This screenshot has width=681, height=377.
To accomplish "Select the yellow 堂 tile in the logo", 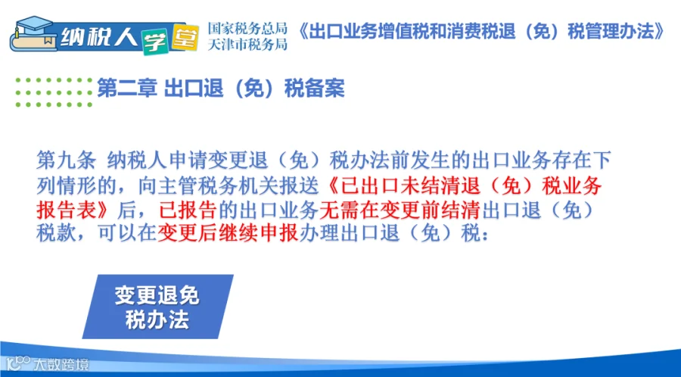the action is [x=185, y=37].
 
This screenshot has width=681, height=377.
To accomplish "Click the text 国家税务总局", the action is [x=247, y=28].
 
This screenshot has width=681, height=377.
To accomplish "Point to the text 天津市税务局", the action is [x=247, y=44].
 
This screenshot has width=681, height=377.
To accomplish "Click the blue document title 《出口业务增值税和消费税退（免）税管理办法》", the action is [x=481, y=32].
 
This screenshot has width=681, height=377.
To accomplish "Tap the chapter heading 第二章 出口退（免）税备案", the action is [x=221, y=89].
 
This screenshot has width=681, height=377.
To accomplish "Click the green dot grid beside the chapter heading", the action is [x=54, y=92].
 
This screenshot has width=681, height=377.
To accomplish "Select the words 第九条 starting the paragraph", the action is [x=66, y=160].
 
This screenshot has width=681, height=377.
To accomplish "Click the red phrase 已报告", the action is [x=188, y=210].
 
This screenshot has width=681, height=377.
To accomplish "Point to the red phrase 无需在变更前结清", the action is [x=400, y=210].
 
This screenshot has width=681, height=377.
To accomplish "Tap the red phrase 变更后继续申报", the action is [x=228, y=233].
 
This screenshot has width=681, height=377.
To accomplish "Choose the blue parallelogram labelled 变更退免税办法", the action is [x=157, y=307].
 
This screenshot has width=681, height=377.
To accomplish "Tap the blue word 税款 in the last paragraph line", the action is [x=55, y=233].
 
